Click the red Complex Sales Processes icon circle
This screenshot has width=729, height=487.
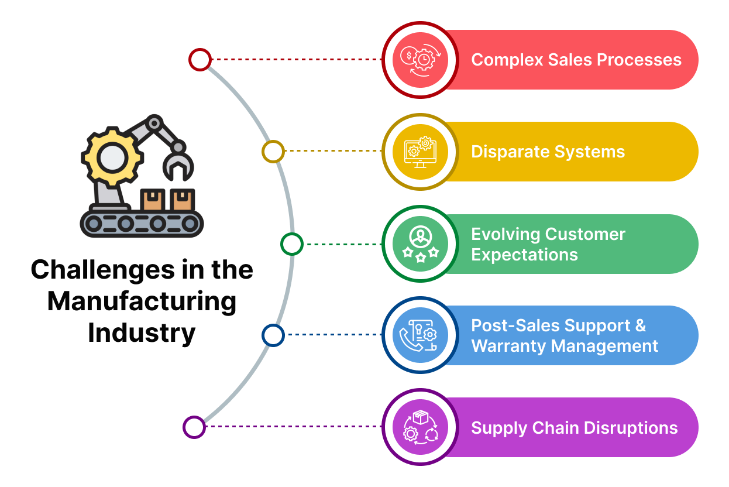click(x=420, y=60)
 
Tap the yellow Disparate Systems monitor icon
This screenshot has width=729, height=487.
click(x=420, y=152)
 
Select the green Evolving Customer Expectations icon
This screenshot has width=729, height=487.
click(x=421, y=244)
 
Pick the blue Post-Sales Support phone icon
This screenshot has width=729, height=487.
click(x=418, y=335)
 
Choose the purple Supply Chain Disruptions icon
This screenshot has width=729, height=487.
click(x=421, y=427)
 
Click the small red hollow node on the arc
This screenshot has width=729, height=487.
click(x=200, y=60)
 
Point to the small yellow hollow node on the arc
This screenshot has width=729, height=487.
click(x=273, y=152)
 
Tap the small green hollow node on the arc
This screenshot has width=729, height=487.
click(x=292, y=244)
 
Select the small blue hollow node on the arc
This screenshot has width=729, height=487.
click(x=273, y=335)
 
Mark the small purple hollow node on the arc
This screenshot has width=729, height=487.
click(x=194, y=427)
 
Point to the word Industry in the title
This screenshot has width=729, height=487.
click(x=142, y=333)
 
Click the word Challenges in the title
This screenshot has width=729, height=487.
click(x=103, y=270)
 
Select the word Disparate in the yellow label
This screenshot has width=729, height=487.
click(x=510, y=152)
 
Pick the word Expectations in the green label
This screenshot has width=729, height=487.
click(x=525, y=255)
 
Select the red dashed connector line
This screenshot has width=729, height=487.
click(x=297, y=60)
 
